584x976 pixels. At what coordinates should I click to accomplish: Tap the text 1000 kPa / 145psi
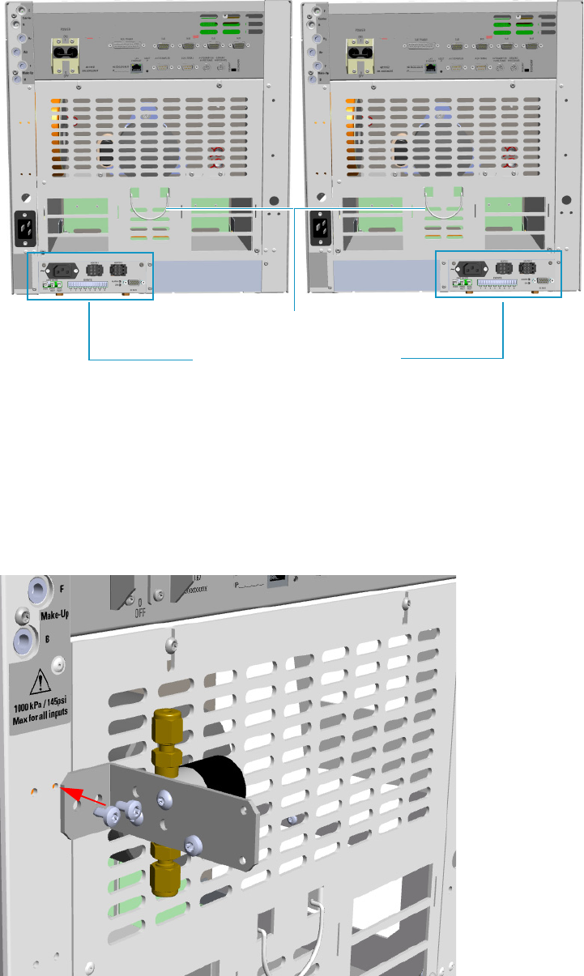coord(40,704)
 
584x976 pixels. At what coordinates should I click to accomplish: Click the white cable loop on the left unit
coord(147,212)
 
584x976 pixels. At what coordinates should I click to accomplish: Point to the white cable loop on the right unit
coord(443,212)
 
